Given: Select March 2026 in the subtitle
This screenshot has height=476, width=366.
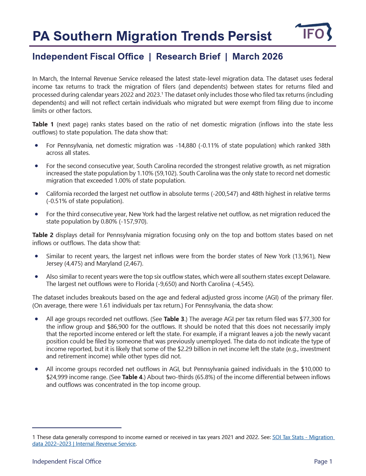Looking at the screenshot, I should click(x=257, y=57).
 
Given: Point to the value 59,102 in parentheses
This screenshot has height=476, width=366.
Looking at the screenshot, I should click(x=165, y=173).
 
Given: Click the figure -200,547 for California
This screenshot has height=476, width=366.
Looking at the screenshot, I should click(x=225, y=194).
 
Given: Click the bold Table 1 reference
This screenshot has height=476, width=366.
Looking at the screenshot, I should click(x=43, y=124).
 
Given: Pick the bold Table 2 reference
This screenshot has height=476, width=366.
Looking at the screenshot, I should click(x=43, y=235).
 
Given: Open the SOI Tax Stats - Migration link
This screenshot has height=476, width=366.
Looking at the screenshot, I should click(x=303, y=437).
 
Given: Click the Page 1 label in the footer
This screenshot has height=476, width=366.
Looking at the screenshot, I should click(x=323, y=461).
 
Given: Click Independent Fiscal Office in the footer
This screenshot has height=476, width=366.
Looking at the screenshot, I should click(x=67, y=461).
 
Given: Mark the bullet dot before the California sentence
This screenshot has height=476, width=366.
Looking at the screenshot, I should click(x=36, y=194).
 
